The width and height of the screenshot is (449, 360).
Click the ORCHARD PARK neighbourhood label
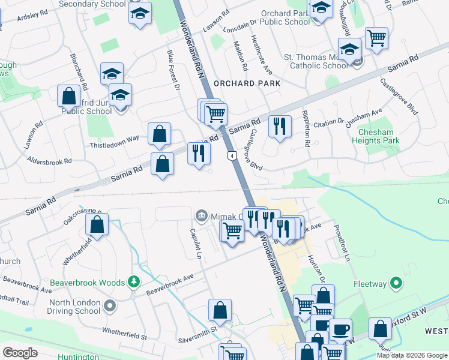pos(247,83)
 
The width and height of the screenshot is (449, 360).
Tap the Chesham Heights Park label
pos(379,136)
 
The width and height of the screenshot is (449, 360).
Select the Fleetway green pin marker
pos(396,282)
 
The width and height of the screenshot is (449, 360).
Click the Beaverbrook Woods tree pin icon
pos(134,282)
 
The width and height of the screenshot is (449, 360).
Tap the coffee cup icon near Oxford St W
pos(340,329)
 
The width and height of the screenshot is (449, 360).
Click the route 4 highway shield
pos(231,155)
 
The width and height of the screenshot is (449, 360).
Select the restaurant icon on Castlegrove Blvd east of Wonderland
pos(280,127)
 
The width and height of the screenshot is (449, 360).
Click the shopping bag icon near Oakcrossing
pos(97,226)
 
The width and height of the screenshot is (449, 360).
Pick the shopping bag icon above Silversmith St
pos(220,310)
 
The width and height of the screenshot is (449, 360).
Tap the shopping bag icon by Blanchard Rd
pos(69,96)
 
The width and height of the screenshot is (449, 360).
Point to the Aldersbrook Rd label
pos(49,161)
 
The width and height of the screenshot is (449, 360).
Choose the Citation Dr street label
pos(328,122)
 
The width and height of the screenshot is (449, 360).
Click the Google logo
pos(20,353)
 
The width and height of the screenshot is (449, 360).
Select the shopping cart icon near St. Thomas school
pos(376,38)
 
